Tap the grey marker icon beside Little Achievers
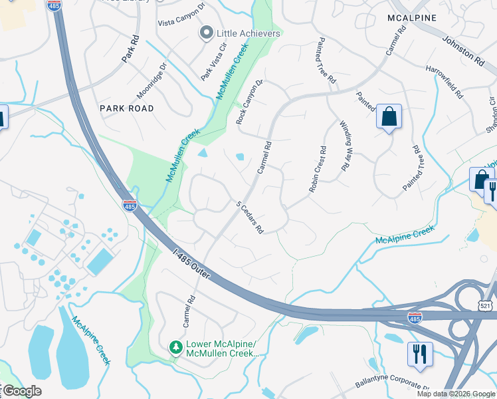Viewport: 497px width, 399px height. pos(207,32)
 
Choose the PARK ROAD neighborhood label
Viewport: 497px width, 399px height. pos(126,108)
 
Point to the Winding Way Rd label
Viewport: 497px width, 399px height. pos(344,146)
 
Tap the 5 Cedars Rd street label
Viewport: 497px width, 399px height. pos(251,217)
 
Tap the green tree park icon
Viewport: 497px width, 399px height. pos(175,348)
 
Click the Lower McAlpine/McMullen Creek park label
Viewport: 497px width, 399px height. pos(221,348)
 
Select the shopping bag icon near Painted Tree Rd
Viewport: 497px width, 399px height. pos(389,116)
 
